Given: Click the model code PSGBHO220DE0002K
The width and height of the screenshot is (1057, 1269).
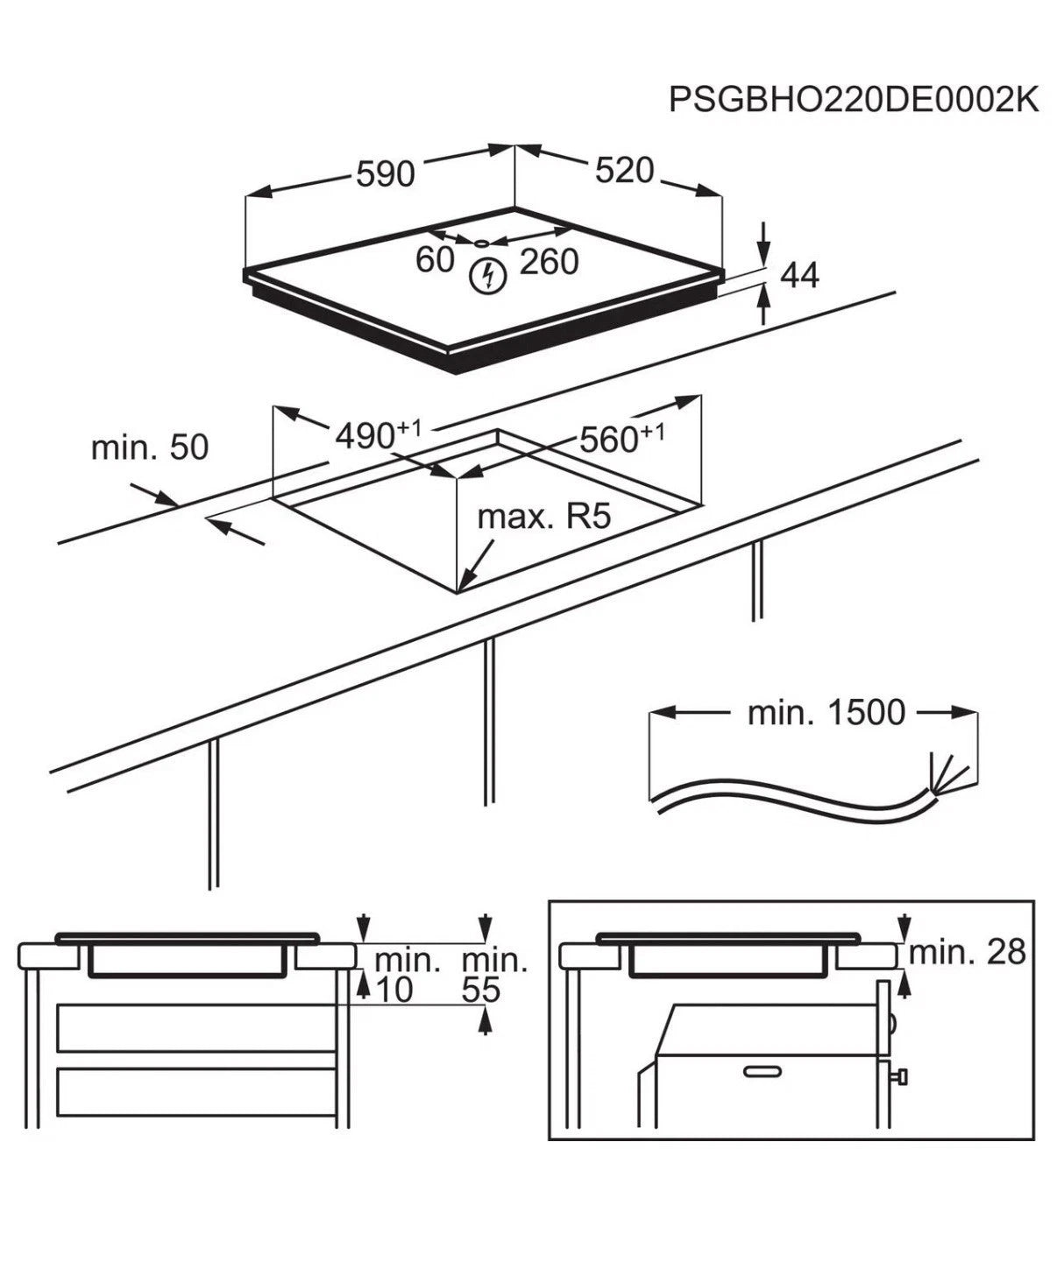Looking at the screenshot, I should click(x=853, y=100).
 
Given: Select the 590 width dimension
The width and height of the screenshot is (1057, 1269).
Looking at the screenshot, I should click(x=385, y=174).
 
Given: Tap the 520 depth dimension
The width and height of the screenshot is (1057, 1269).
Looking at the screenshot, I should click(x=624, y=171).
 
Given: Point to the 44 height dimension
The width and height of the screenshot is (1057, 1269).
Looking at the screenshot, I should click(x=798, y=275).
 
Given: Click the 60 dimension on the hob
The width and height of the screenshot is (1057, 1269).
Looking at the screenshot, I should click(x=435, y=259).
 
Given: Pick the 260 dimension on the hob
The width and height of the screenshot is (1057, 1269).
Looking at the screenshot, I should click(x=550, y=261).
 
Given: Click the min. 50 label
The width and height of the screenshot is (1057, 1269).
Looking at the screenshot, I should click(x=150, y=448).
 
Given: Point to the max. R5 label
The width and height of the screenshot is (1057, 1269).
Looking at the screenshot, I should click(x=543, y=517).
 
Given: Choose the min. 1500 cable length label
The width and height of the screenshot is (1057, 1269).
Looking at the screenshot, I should click(x=826, y=713).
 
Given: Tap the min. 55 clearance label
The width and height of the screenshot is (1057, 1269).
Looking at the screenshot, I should click(x=493, y=975).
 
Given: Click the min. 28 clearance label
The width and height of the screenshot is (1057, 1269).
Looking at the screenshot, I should click(x=967, y=951).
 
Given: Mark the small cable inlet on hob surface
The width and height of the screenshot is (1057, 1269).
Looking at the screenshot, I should click(x=482, y=243).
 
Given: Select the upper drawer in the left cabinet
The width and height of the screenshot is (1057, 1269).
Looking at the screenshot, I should click(x=197, y=1028).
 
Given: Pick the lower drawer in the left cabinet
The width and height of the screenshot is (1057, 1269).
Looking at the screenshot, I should click(x=197, y=1091).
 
